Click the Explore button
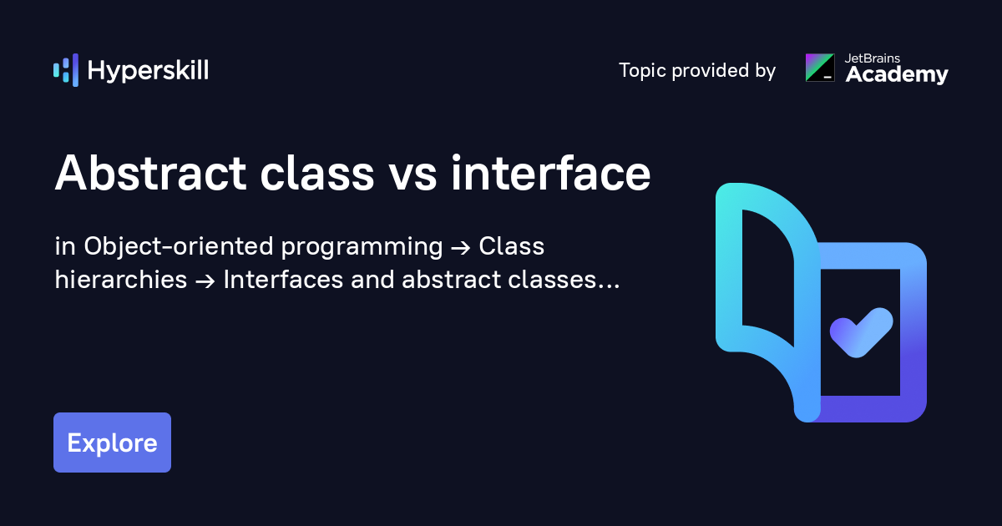tap(112, 443)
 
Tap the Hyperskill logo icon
tap(66, 70)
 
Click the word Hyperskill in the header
tap(148, 71)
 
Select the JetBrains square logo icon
tap(819, 68)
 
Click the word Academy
tap(897, 75)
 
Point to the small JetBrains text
tap(873, 58)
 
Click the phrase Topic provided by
tap(696, 71)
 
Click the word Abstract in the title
tap(150, 174)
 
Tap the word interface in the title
tap(551, 174)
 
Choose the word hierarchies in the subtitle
tap(121, 281)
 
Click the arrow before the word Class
tap(460, 248)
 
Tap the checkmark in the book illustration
tap(861, 332)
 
